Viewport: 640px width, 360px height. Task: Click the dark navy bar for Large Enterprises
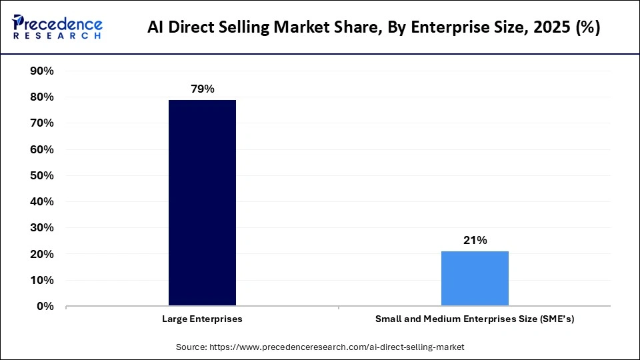click(x=202, y=203)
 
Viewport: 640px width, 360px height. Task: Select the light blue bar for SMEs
click(x=475, y=279)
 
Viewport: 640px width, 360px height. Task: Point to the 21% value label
click(x=475, y=240)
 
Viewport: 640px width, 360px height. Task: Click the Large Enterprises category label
click(x=202, y=319)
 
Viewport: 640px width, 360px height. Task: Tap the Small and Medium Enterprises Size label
click(x=475, y=319)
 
